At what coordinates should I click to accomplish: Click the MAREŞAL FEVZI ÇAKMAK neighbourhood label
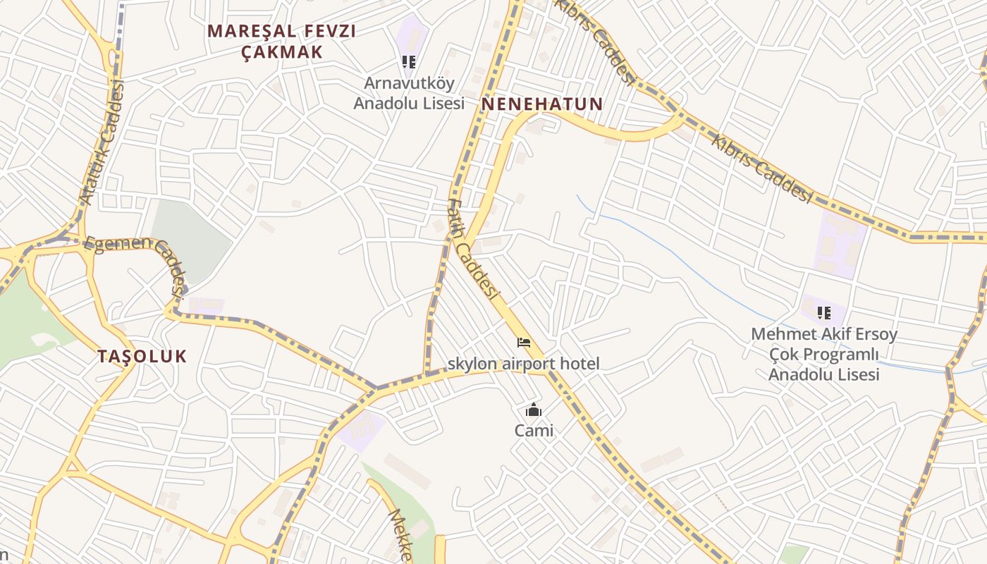coord(282,41)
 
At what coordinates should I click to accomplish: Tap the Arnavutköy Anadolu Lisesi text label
coord(409,93)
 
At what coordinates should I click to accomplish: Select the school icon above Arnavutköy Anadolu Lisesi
coord(409,62)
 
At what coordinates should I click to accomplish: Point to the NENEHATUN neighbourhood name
coord(542,104)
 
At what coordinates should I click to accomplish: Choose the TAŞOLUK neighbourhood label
coord(142,356)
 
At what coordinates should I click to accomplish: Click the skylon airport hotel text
coord(524,364)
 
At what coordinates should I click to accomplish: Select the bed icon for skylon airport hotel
coord(524,343)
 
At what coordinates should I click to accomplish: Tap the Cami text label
coord(534,430)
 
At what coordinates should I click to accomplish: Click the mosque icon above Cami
coord(534,410)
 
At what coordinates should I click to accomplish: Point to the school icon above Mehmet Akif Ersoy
coord(823,312)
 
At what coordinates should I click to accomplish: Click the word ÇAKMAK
coord(282,51)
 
